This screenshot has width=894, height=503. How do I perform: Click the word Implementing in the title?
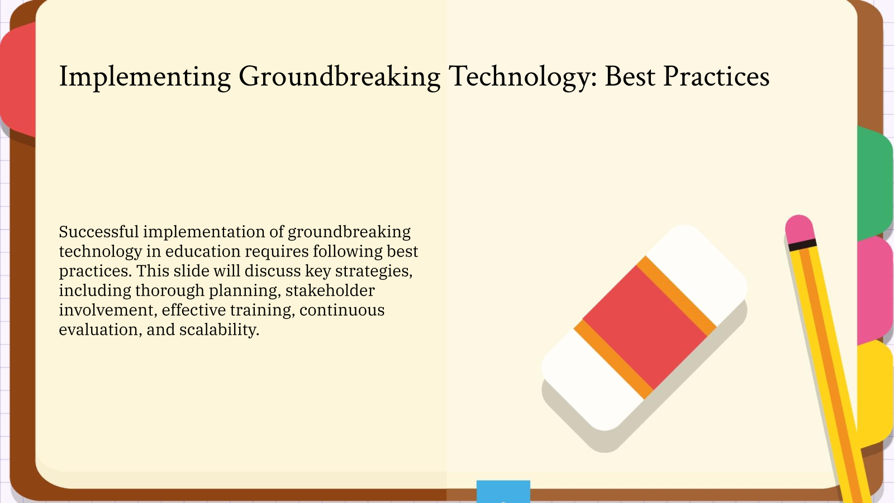pos(145,77)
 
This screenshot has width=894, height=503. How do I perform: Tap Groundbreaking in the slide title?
pos(340,77)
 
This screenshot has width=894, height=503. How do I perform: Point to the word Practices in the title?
pos(716,77)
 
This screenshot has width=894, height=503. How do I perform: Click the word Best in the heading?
pos(630,77)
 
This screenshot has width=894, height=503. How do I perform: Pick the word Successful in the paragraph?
pos(98,232)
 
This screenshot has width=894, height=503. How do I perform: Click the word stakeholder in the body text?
pos(330,291)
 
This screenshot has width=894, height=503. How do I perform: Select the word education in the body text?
pos(202,251)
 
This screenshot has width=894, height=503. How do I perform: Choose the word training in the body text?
pos(261,310)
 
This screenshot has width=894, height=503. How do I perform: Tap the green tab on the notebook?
pos(874,182)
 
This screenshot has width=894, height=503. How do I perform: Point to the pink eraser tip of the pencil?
pos(799,228)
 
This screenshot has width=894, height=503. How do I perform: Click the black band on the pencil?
pos(802,245)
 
